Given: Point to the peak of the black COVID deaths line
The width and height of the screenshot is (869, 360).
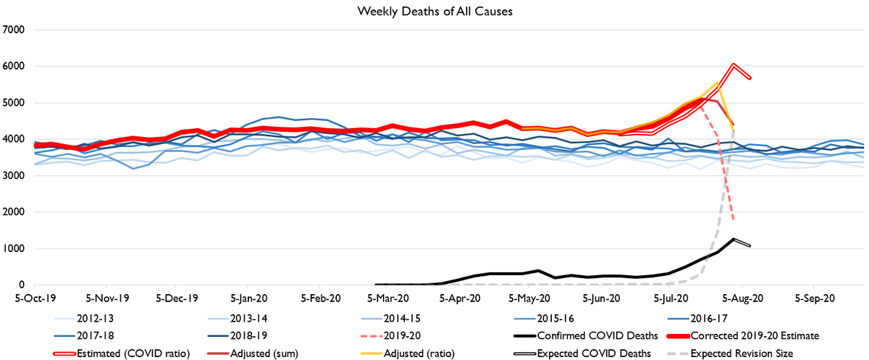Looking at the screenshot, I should coord(734,239).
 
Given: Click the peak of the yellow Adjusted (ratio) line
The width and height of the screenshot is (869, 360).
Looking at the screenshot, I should coord(717,82).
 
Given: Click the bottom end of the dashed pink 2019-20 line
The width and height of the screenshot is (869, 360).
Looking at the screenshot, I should coord(734,219).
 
